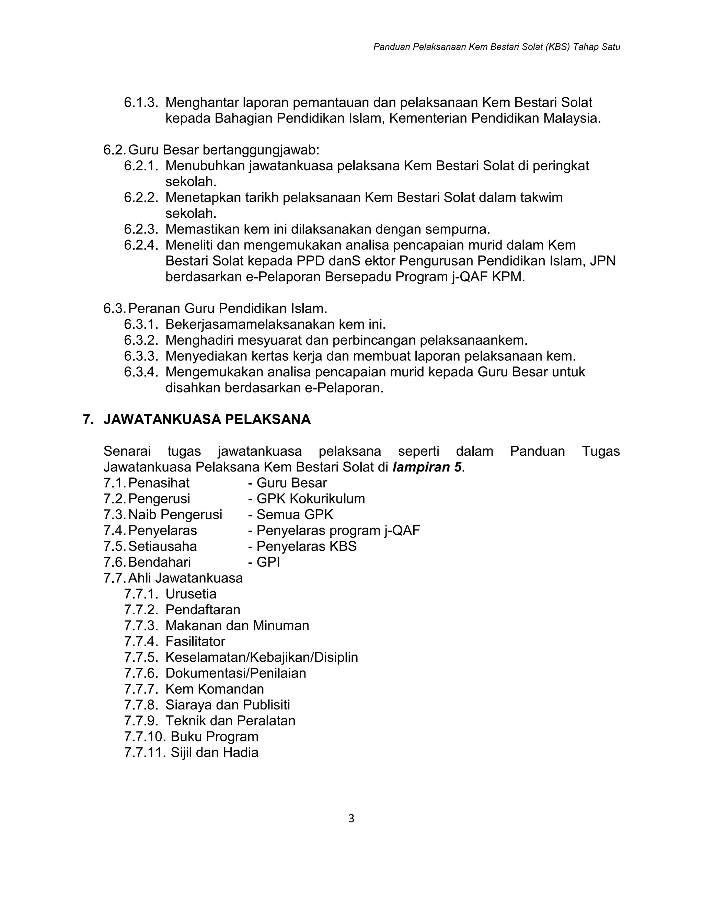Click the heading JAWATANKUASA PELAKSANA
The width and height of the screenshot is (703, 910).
(x=207, y=419)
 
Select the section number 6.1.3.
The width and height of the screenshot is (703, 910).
(x=141, y=102)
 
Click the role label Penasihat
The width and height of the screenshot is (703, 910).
(x=159, y=483)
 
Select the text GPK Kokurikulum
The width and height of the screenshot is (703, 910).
(x=310, y=499)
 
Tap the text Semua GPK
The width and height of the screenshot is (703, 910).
(x=295, y=515)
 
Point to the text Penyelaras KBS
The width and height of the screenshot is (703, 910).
(x=306, y=546)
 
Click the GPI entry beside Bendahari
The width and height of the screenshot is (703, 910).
(x=268, y=562)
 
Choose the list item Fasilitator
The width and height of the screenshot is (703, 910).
(x=195, y=641)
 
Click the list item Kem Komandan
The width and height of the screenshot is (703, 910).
(x=215, y=689)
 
